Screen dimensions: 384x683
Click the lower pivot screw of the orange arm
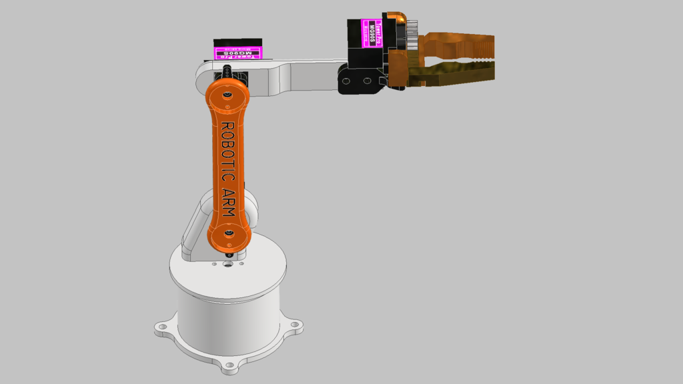pyautogui.click(x=228, y=233)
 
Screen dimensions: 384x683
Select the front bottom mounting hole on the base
pyautogui.click(x=230, y=365)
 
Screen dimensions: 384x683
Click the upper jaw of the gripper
pyautogui.click(x=460, y=46)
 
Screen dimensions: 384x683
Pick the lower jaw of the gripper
pyautogui.click(x=460, y=73)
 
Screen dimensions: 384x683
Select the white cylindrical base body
pyautogui.click(x=227, y=320)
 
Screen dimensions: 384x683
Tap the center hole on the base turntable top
pyautogui.click(x=228, y=264)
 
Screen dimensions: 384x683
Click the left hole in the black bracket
pyautogui.click(x=346, y=81)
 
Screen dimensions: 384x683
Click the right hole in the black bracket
pyautogui.click(x=366, y=81)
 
